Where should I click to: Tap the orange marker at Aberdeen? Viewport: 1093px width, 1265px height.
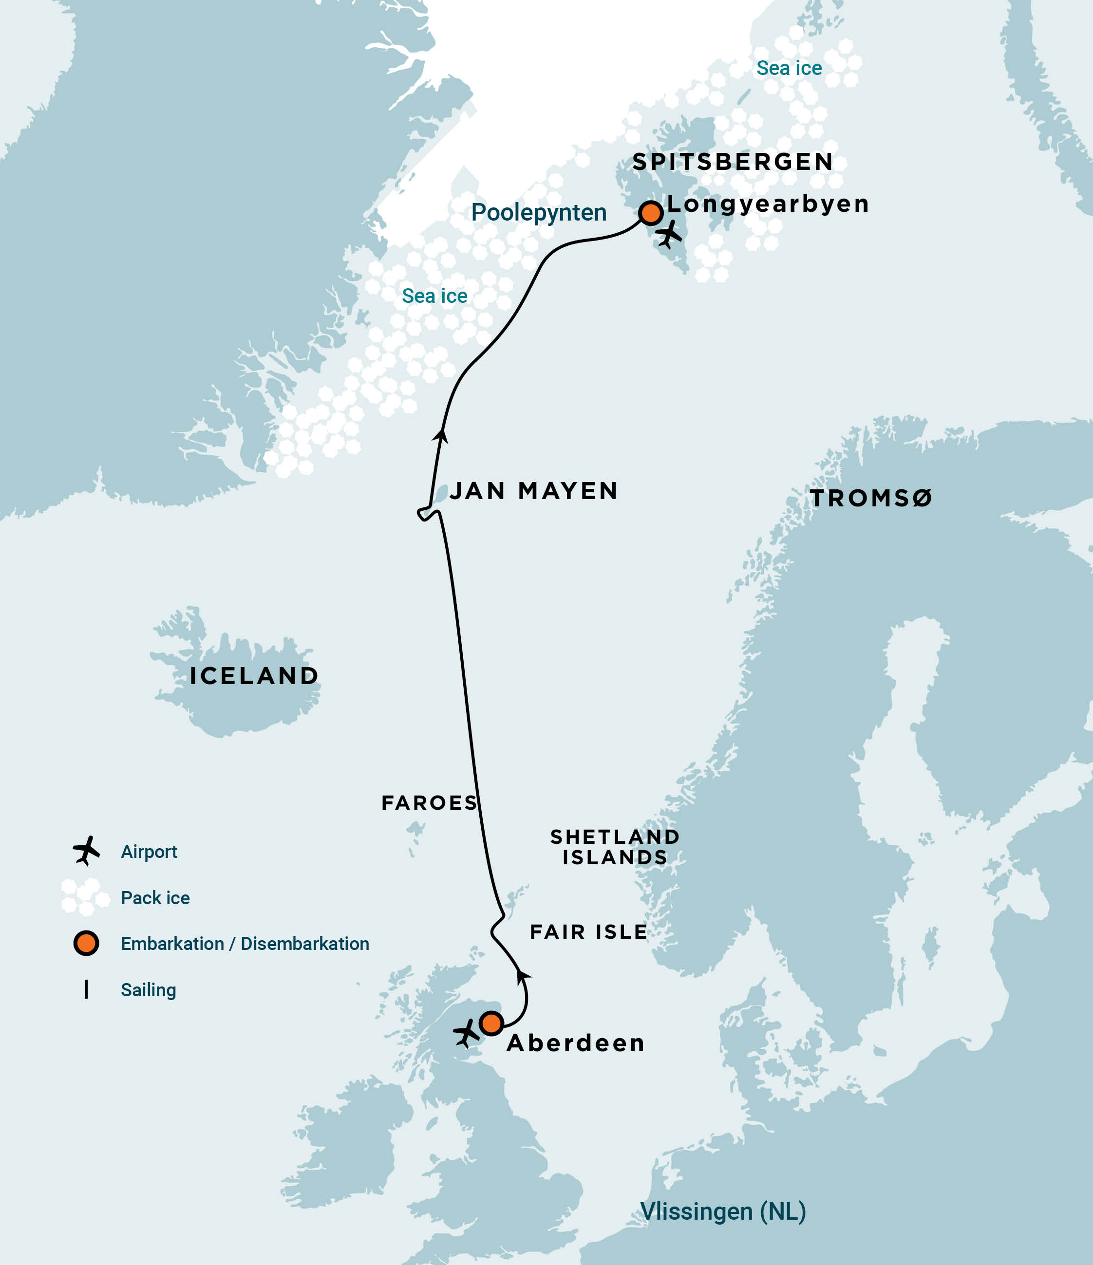click(x=491, y=1023)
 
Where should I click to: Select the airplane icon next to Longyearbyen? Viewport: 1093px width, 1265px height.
click(x=670, y=234)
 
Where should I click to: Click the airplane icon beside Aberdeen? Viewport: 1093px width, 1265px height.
click(x=467, y=1033)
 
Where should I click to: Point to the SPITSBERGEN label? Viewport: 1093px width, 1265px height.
click(x=733, y=162)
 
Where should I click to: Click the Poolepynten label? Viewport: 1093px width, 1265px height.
click(x=539, y=212)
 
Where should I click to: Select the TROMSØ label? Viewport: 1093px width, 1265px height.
click(x=871, y=498)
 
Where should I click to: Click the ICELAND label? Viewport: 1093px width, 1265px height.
click(x=254, y=676)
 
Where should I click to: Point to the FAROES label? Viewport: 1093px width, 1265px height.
click(x=429, y=803)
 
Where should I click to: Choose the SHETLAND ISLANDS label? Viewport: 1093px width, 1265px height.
click(x=615, y=847)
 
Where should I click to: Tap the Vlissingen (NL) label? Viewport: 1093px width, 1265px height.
click(x=723, y=1212)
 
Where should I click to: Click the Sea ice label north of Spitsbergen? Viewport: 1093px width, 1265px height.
click(x=789, y=68)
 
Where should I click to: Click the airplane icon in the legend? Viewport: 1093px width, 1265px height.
click(x=86, y=851)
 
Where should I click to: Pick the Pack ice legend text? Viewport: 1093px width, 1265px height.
click(x=155, y=897)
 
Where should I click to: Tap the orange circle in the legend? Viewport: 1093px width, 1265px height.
click(x=86, y=943)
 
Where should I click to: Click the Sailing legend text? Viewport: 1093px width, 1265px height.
click(x=149, y=990)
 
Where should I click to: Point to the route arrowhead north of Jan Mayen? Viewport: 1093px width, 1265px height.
click(x=440, y=435)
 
